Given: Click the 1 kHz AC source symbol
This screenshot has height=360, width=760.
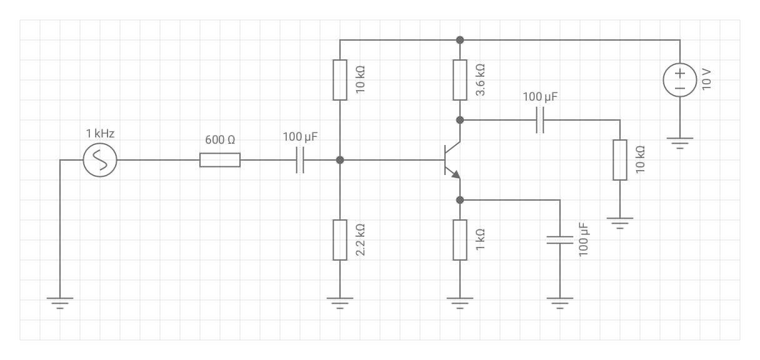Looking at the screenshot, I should (x=100, y=160).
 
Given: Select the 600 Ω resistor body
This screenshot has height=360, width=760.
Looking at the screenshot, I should (x=219, y=160).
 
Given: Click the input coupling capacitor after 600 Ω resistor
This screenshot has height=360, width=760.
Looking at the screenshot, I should (x=300, y=160).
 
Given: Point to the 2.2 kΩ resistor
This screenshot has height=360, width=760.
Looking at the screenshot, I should (x=339, y=239).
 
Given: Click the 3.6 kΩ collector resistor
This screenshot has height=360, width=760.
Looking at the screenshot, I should (x=460, y=80).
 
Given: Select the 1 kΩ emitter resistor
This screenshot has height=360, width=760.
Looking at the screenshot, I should (x=460, y=239).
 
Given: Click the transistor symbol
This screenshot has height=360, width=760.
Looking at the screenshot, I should (x=452, y=159).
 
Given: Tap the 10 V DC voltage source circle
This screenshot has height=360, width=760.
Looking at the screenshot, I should (x=680, y=80).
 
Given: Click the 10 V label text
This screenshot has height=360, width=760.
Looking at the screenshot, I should (x=706, y=80).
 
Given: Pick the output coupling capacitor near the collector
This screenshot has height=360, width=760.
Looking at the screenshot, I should (x=540, y=119).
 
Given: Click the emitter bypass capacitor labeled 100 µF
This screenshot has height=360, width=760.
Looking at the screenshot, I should (x=560, y=239).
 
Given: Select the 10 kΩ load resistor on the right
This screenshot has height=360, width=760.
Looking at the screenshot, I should (x=619, y=159).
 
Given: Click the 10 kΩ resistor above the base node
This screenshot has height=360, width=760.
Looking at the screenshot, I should (x=339, y=80).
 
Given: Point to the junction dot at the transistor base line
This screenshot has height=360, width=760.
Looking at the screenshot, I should (x=340, y=160).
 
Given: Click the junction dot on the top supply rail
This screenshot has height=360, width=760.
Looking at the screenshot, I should (x=460, y=40).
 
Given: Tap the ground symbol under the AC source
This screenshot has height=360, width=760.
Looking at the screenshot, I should (x=60, y=304).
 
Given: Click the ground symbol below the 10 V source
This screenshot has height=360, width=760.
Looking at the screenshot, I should (x=680, y=144).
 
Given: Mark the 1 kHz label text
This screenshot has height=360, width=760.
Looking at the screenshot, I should (x=100, y=133).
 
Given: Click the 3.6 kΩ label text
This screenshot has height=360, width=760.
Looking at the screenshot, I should (x=481, y=80).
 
